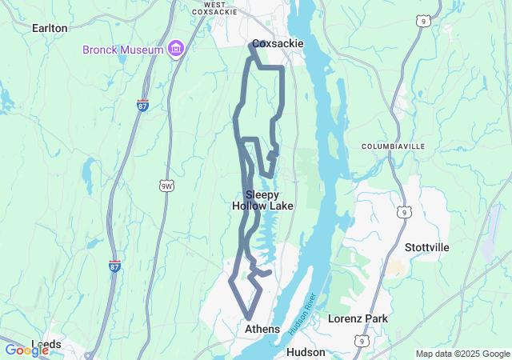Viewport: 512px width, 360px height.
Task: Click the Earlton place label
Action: [50, 27]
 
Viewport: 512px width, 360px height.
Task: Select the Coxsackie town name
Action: [278, 43]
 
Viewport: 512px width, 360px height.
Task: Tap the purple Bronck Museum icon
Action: [176, 50]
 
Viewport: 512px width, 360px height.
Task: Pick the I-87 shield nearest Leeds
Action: [114, 266]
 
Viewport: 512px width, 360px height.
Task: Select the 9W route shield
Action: [167, 186]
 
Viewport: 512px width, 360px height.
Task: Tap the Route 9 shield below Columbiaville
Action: [406, 212]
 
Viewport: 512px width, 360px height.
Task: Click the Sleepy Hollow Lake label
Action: [262, 200]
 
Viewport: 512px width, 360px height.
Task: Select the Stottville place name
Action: [426, 247]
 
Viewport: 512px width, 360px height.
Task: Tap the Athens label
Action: [262, 329]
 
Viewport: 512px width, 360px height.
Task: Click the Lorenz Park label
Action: [358, 318]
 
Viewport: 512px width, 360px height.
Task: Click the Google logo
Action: [26, 350]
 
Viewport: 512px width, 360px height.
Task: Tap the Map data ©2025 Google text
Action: [462, 354]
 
